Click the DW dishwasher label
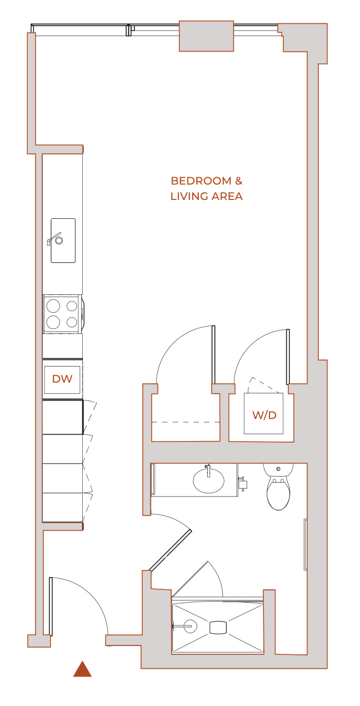click(62, 379)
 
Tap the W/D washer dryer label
click(264, 415)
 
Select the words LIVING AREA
click(207, 196)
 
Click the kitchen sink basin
click(63, 241)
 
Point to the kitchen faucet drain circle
click(59, 241)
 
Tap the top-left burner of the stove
click(53, 306)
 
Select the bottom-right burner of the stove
click(72, 322)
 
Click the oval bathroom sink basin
click(208, 480)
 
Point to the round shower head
click(190, 626)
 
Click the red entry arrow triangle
click(82, 669)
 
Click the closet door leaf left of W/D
click(213, 354)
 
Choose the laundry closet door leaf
click(288, 357)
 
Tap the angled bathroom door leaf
click(170, 550)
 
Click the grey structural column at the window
click(207, 36)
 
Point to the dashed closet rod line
click(186, 422)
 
